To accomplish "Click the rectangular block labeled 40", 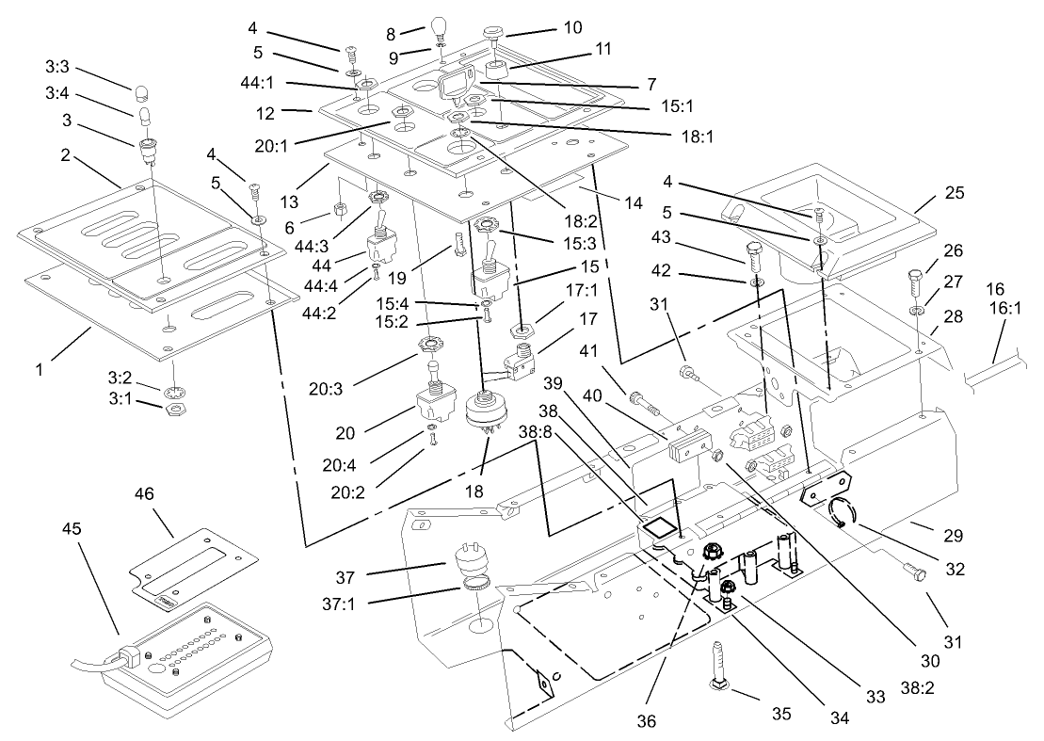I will pyautogui.click(x=684, y=442).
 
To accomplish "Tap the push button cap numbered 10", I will pyautogui.click(x=492, y=34).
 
